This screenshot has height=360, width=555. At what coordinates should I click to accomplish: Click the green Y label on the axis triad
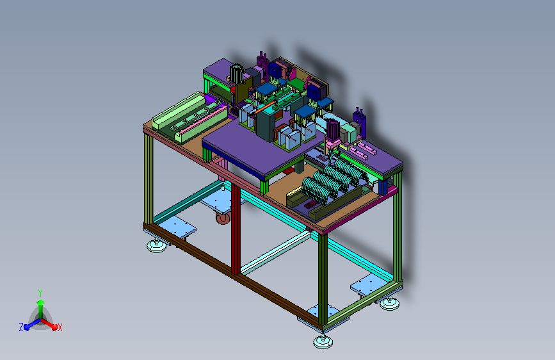40,293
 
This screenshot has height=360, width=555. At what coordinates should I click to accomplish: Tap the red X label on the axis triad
60,327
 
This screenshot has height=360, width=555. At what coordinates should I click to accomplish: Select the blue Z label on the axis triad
21,327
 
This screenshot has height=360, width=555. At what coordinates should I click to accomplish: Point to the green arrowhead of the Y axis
40,302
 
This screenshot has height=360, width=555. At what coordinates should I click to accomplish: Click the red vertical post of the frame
236,229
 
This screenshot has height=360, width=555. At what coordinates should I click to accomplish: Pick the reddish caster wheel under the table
223,218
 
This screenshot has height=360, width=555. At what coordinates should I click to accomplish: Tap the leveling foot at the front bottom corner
323,341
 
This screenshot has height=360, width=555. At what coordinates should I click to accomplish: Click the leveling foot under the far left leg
156,245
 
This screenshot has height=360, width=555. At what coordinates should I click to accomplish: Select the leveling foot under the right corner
389,304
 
